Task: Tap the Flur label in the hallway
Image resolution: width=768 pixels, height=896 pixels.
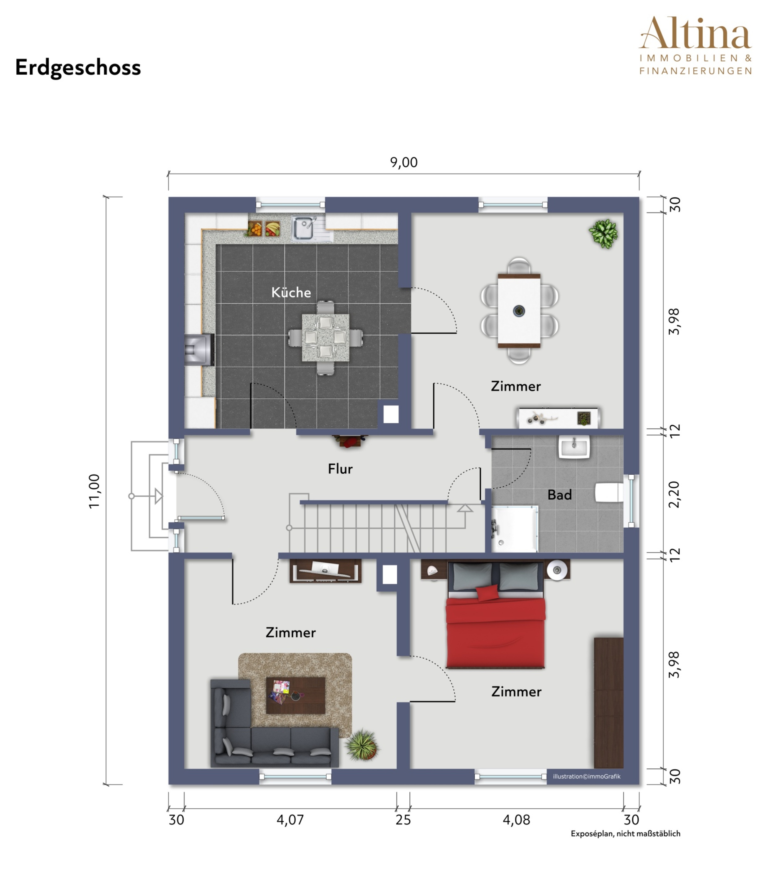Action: [x=340, y=469]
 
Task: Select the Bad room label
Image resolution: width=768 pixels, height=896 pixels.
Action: [x=559, y=495]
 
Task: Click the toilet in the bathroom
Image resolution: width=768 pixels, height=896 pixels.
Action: [x=609, y=493]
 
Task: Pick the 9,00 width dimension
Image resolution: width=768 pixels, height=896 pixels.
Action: [x=404, y=163]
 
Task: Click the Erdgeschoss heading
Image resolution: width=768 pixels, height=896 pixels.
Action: [x=78, y=68]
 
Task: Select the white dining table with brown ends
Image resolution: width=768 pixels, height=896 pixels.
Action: [x=519, y=310]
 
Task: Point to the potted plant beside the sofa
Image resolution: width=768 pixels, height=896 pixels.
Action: [x=362, y=744]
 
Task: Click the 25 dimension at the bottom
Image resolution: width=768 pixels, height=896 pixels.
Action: [x=403, y=819]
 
